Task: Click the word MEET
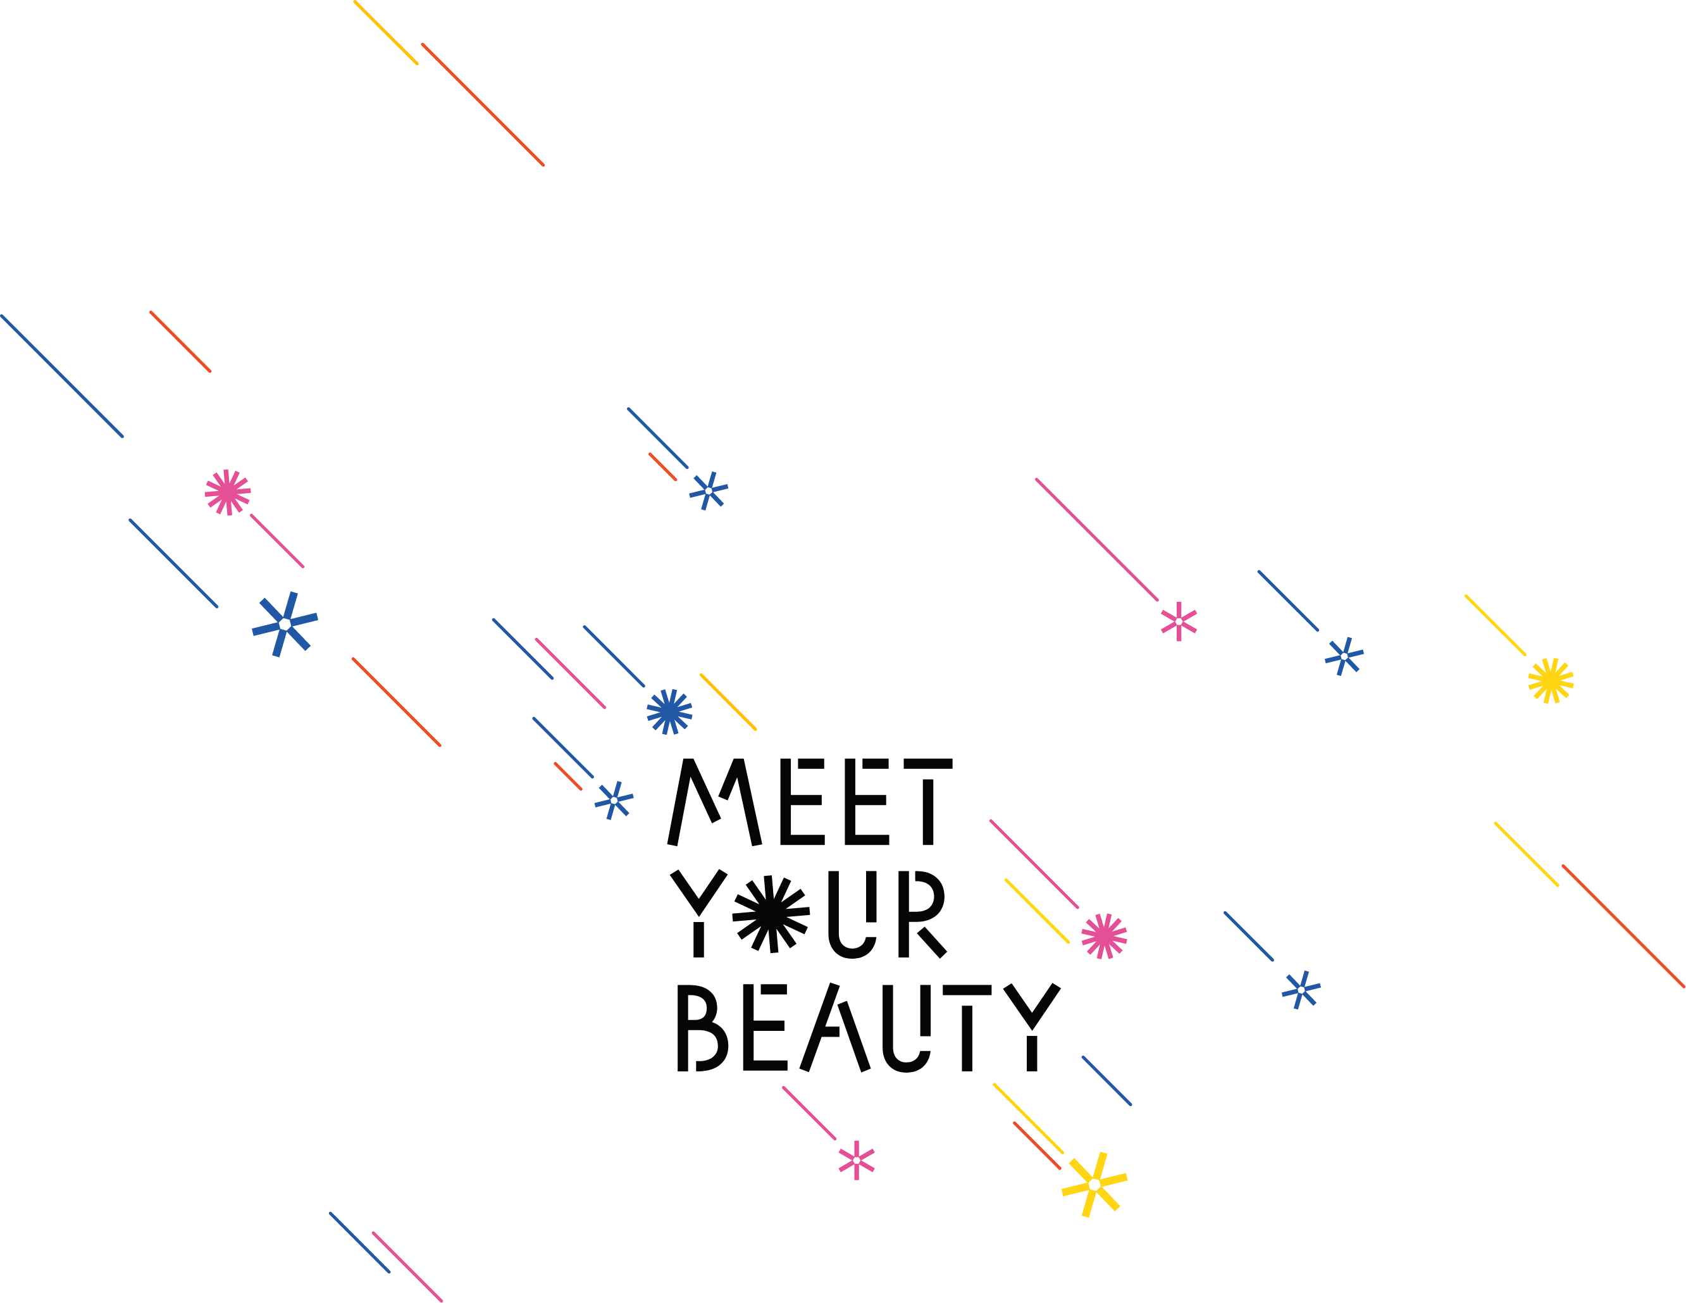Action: pos(810,802)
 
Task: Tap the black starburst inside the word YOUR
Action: pos(771,914)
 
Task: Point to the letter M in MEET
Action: pos(714,802)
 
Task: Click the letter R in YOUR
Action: pos(922,914)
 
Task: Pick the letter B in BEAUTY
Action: pos(702,1027)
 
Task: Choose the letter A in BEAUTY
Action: pos(835,1027)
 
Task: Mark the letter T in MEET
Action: pos(929,802)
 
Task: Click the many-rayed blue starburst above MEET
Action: pos(669,711)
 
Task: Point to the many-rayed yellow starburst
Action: pos(1551,680)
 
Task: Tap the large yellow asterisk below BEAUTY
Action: pos(1094,1185)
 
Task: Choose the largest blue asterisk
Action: pos(285,624)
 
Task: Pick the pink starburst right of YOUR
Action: pos(1105,936)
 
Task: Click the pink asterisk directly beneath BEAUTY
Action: pos(857,1160)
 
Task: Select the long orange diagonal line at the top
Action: pos(483,104)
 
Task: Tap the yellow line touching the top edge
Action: pos(386,32)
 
